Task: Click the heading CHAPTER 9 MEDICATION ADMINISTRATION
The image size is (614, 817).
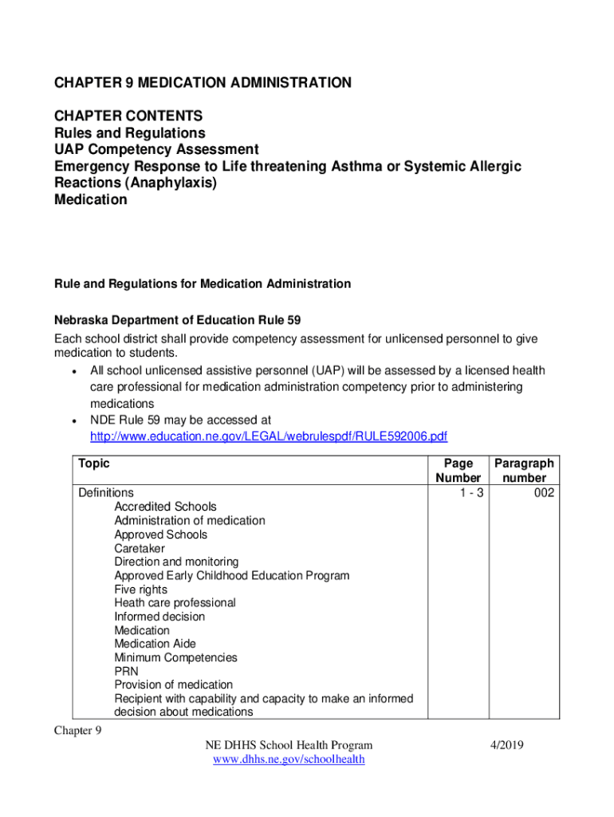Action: tap(203, 83)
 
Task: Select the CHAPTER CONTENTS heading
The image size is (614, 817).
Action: tap(128, 116)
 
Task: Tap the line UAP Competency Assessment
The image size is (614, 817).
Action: tap(156, 149)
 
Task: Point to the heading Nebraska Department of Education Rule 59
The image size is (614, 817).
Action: tap(177, 321)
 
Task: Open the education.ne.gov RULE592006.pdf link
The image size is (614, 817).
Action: tap(269, 436)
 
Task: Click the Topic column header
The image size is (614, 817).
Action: tap(94, 464)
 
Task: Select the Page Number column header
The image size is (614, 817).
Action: tap(459, 471)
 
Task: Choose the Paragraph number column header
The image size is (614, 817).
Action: tap(524, 471)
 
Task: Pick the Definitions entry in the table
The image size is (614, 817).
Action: tap(106, 493)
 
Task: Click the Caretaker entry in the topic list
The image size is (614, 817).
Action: tap(140, 548)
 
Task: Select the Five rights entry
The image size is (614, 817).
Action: tap(141, 590)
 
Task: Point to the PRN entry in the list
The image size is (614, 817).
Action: tap(126, 672)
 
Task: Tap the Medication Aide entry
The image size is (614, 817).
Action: tap(155, 644)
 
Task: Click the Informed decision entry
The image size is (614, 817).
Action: tap(159, 617)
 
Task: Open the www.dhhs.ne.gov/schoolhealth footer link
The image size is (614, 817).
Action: tap(289, 760)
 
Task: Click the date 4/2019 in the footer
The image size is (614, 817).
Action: tap(508, 745)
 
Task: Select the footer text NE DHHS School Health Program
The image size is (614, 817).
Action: tap(289, 745)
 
